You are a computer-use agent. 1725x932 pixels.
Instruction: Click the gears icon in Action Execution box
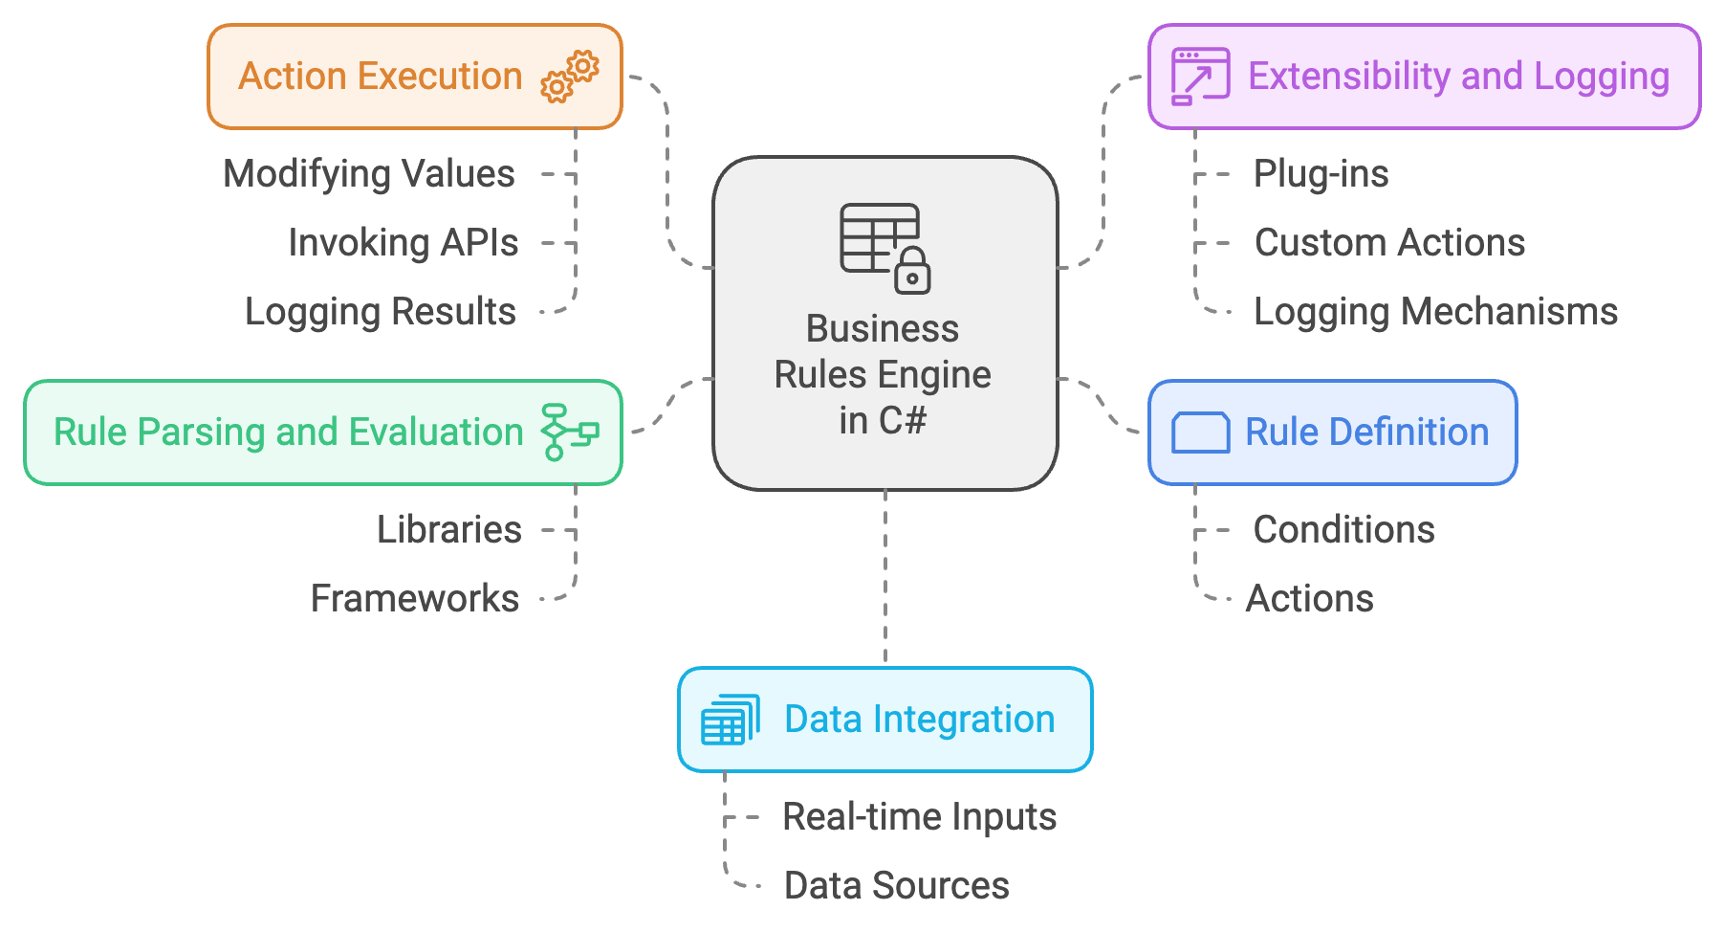point(570,77)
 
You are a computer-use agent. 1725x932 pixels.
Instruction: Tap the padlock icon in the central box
point(912,270)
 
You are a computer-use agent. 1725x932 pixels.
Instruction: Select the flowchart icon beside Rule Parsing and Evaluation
point(570,433)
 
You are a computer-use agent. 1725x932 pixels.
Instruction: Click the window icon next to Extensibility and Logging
point(1201,77)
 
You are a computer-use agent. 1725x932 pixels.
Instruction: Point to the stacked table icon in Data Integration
point(731,720)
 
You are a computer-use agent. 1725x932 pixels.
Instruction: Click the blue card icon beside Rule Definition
point(1201,433)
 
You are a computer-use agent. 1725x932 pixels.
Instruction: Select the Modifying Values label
point(369,174)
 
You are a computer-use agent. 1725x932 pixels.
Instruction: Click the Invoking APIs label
point(404,243)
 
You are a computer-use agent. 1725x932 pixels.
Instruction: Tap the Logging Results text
point(381,312)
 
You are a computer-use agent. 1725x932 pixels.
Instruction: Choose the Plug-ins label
point(1321,174)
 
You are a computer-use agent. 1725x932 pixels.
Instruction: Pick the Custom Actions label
point(1390,243)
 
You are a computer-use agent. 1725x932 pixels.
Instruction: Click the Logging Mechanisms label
point(1436,312)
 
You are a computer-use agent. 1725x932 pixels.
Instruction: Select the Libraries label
point(449,529)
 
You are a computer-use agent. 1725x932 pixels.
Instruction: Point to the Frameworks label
point(415,599)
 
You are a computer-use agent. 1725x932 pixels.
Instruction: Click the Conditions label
point(1344,529)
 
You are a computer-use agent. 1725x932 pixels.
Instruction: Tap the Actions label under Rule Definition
point(1310,599)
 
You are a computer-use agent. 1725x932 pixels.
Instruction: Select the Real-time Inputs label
point(920,817)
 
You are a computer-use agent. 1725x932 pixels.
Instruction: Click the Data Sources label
point(897,886)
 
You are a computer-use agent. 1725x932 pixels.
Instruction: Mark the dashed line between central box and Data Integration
point(885,578)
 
